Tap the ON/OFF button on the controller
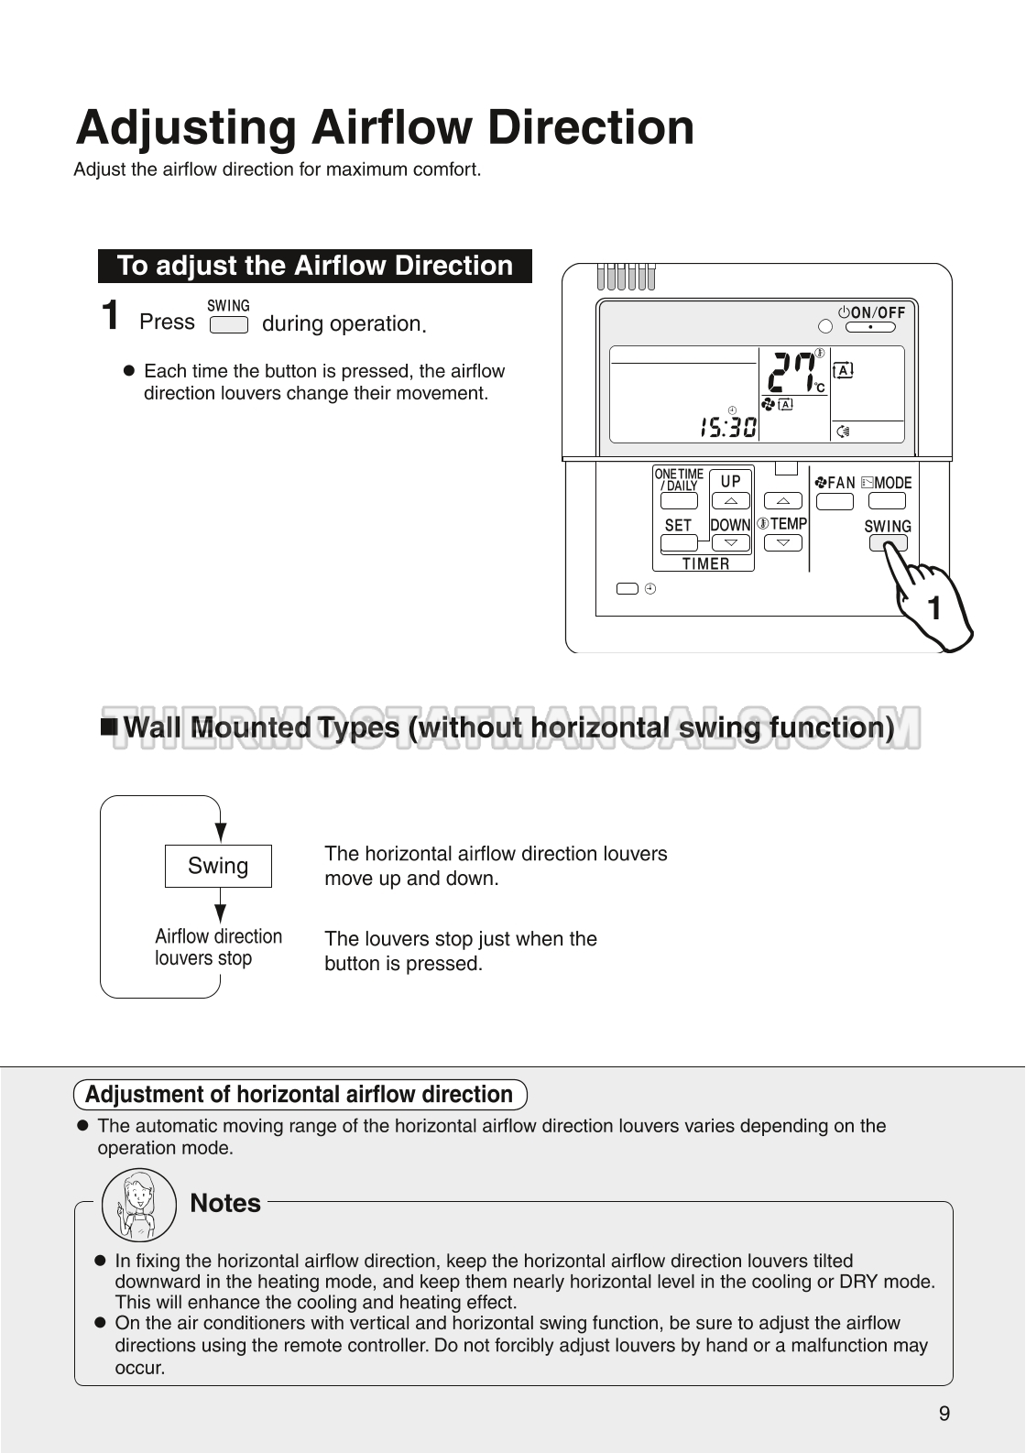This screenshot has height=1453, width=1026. [x=869, y=327]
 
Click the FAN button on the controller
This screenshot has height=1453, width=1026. [x=834, y=501]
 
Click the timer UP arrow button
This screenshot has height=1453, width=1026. [x=730, y=501]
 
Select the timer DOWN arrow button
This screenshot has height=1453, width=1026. [x=730, y=542]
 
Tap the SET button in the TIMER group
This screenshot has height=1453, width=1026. [x=678, y=542]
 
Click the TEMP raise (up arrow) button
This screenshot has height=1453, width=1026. [x=782, y=501]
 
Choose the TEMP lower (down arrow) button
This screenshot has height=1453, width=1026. [x=782, y=542]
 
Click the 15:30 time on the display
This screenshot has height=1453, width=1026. [x=728, y=428]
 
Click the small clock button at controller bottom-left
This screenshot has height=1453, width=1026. [x=628, y=589]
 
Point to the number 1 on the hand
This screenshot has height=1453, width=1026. [x=933, y=608]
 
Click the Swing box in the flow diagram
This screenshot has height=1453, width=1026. [x=218, y=866]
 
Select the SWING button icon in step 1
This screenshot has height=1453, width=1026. [x=228, y=324]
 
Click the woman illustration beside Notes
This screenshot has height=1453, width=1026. [x=139, y=1205]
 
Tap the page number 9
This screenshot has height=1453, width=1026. [x=944, y=1413]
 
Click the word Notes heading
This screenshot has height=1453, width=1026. [x=225, y=1203]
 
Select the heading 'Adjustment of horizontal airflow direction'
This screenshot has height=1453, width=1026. [x=300, y=1095]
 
